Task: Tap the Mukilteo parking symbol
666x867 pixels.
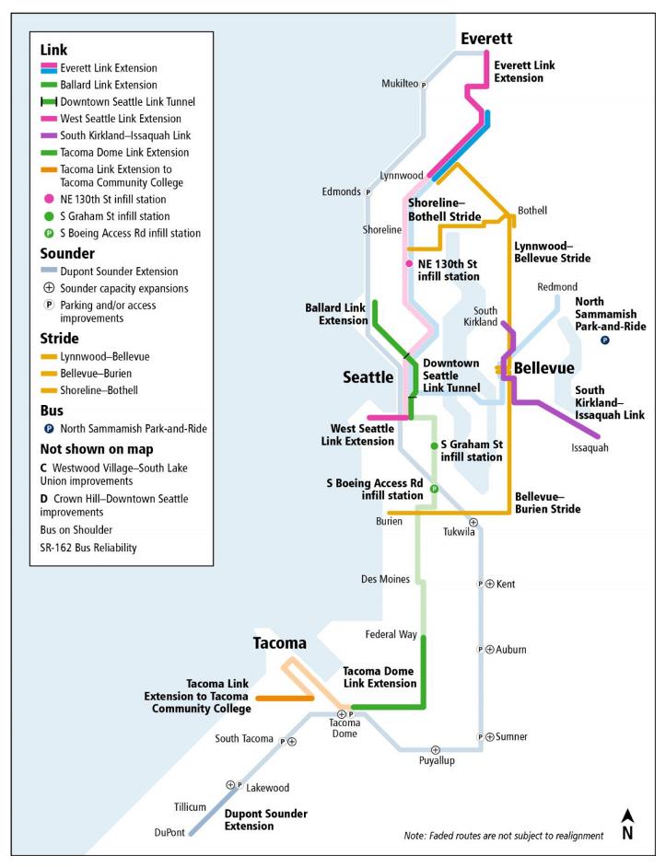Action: coord(424,85)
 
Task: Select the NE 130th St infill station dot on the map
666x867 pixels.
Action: coord(410,263)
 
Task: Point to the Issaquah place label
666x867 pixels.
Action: coord(590,447)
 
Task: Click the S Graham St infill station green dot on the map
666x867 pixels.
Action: coord(434,445)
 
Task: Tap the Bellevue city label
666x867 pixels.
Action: coord(543,368)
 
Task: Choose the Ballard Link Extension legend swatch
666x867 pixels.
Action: coord(49,85)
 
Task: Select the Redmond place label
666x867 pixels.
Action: coord(558,287)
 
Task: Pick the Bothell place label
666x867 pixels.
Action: coord(532,210)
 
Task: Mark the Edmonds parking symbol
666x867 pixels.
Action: coord(368,192)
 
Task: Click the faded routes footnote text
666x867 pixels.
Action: coord(504,835)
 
